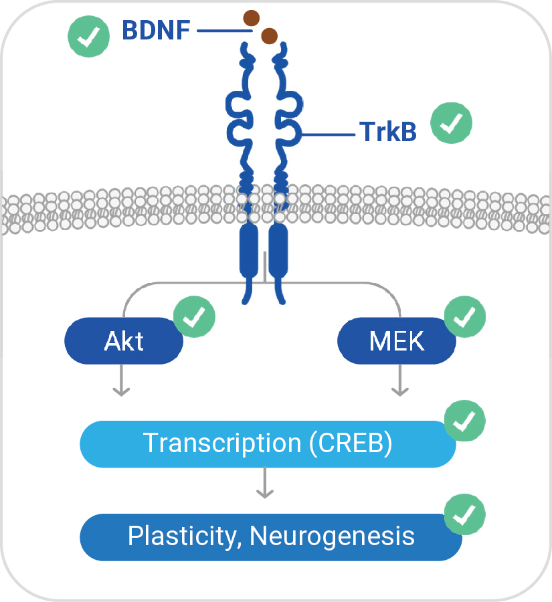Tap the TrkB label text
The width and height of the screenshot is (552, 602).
(388, 132)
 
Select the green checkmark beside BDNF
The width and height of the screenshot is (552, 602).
(89, 35)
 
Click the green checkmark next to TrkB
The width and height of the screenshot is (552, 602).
(451, 124)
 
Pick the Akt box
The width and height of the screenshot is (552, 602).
(124, 341)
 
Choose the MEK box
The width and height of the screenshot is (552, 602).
(397, 341)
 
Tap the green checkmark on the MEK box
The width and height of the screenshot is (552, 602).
(465, 317)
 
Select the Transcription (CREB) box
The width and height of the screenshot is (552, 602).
(268, 443)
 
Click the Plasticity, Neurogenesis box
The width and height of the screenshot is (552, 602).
(271, 536)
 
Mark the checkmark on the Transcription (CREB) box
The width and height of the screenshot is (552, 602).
(465, 421)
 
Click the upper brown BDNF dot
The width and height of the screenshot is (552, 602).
(252, 18)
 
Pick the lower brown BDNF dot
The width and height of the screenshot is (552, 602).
(269, 35)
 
